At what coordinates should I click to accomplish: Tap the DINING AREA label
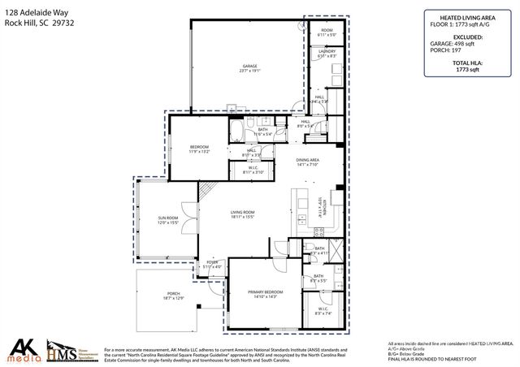pos(307,161)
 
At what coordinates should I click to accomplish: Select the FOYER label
pos(212,263)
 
